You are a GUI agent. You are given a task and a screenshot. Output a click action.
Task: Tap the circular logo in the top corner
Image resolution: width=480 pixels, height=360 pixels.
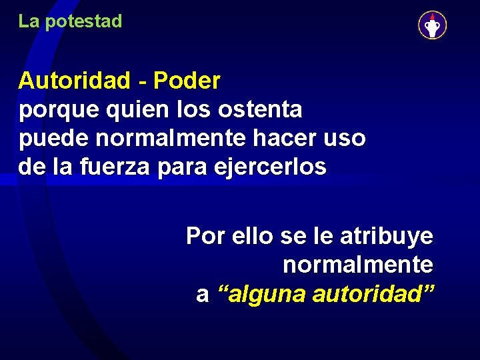tap(432, 25)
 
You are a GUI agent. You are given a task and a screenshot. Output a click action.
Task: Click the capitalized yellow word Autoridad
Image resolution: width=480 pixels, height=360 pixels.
tap(75, 81)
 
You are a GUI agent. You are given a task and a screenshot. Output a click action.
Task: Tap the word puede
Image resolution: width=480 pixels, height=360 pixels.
tap(54, 139)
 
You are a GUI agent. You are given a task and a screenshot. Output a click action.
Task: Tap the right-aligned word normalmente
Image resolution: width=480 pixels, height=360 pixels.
tap(358, 265)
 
